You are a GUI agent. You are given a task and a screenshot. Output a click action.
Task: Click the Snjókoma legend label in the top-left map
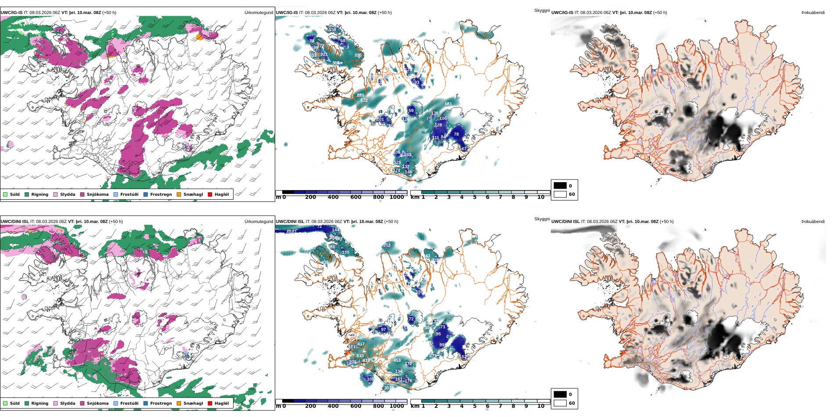tap(97, 194)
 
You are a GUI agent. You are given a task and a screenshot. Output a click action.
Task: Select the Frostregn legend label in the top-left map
tap(161, 194)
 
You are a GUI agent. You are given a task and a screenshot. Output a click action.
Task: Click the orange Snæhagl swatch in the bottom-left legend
tap(179, 403)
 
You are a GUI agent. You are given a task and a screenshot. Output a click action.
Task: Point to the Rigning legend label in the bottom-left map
tap(40, 403)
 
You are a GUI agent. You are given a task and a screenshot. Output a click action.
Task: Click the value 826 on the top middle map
tap(360, 95)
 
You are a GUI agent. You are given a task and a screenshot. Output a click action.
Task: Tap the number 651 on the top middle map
tap(448, 104)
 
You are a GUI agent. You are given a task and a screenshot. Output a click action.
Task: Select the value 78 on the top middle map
tap(456, 134)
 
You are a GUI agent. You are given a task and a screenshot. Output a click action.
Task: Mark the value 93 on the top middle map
tap(417, 83)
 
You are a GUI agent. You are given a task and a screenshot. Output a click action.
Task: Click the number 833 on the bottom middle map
tap(360, 356)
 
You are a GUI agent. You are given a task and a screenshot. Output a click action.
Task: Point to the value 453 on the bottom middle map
tap(397, 360)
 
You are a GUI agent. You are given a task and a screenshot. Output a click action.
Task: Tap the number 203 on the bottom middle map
tap(387, 245)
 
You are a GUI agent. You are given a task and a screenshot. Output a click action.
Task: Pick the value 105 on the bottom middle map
tap(370, 379)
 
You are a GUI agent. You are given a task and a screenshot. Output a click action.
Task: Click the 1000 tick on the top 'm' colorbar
tap(397, 198)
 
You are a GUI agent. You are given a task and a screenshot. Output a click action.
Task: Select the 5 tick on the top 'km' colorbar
tap(475, 198)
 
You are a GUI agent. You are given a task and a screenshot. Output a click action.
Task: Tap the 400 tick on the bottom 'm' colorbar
tap(333, 406)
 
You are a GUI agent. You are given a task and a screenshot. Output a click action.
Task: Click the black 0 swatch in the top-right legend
tap(560, 186)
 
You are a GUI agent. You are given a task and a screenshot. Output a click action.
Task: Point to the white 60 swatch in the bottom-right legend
tap(560, 403)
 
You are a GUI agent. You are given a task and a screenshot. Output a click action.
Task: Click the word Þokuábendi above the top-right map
tap(813, 13)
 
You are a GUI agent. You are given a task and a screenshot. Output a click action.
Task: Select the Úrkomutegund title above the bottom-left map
tap(259, 222)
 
